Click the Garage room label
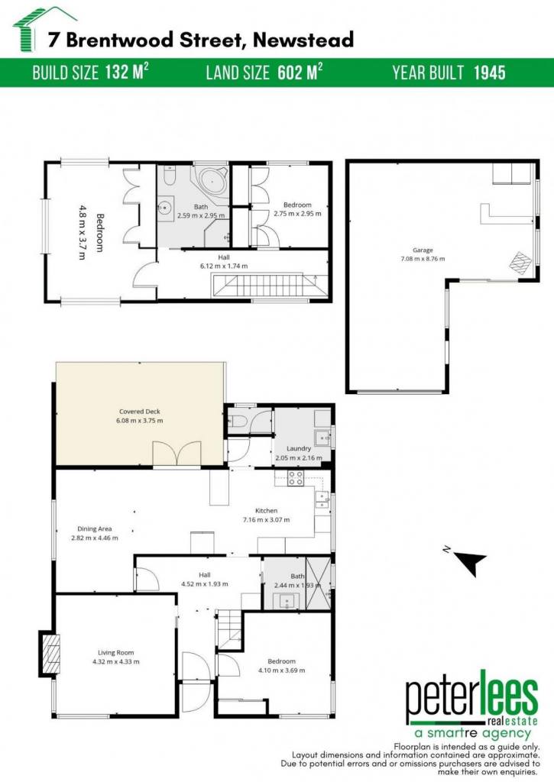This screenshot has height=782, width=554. [423, 250]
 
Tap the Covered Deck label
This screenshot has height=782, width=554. [140, 412]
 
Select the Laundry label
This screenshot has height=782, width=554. [299, 448]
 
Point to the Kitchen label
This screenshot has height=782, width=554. [266, 511]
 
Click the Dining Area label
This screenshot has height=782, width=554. [94, 528]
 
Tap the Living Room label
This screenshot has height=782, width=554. [116, 652]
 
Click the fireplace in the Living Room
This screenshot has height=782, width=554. [50, 654]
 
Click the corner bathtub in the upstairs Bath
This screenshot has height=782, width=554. [212, 180]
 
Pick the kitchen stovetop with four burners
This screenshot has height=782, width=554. [295, 478]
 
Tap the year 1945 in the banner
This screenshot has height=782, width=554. [489, 73]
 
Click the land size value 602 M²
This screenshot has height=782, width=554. [300, 73]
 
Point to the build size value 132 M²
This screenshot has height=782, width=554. [127, 73]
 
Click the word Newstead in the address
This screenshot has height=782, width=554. [303, 40]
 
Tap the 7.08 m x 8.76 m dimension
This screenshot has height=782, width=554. [423, 259]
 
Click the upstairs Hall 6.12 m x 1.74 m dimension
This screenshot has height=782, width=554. [224, 266]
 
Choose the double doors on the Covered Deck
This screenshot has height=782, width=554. [177, 455]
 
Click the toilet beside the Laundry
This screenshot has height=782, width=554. [238, 421]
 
